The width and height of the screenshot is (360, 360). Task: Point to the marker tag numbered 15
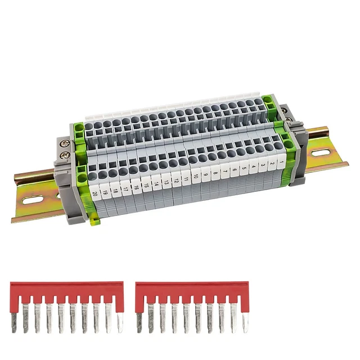point(146,185)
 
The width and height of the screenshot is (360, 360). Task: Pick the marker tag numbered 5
point(244,168)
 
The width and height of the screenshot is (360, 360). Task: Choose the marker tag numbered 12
point(175,180)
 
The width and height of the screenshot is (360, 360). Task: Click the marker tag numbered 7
point(224,171)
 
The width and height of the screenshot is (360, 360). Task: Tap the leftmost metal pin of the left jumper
point(14,321)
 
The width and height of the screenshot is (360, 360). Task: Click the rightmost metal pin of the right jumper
point(246,321)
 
